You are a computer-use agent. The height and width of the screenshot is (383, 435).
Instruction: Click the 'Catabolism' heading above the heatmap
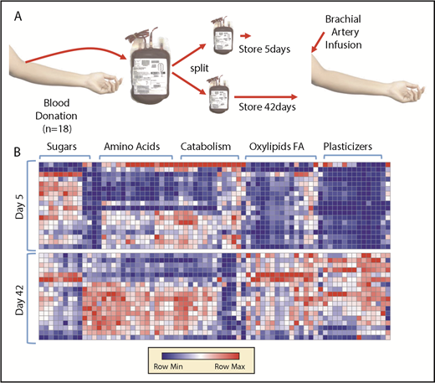pos(206,148)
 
